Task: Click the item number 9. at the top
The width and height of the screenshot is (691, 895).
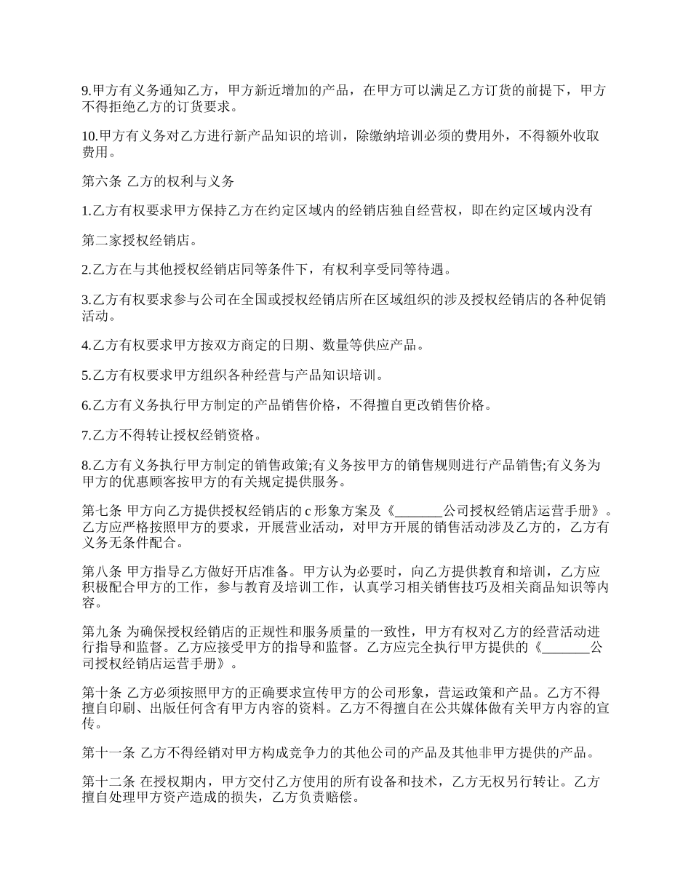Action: (x=87, y=91)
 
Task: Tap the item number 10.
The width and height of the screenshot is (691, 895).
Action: (x=89, y=136)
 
